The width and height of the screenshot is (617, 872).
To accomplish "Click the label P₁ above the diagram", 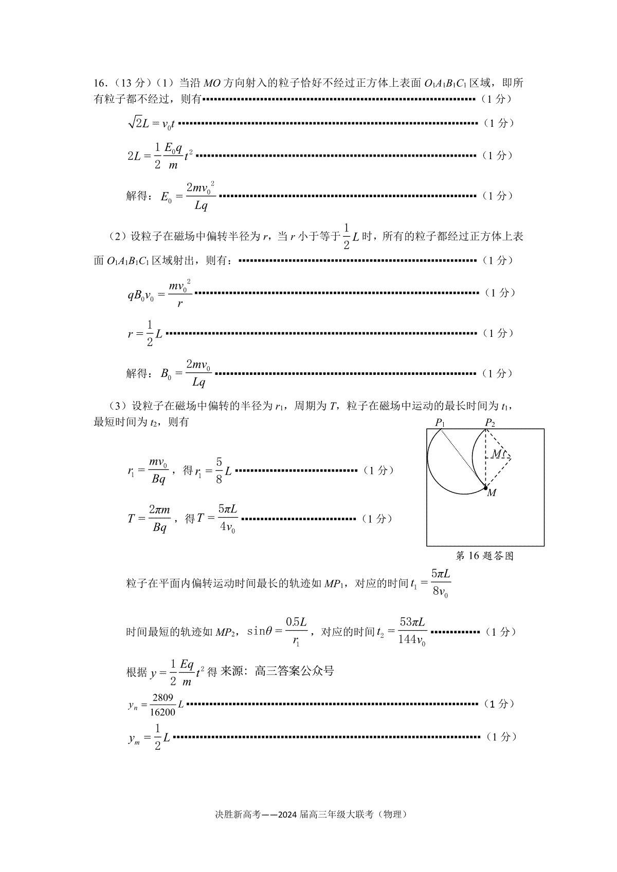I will point(440,423).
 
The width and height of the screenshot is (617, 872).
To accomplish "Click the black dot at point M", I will point(486,487).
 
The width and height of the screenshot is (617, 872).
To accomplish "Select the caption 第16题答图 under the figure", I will point(484,556).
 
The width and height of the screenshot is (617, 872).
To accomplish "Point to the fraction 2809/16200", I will point(162,705).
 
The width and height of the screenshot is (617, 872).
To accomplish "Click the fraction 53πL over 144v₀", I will point(412,631).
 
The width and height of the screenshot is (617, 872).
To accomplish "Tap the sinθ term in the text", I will point(260,631).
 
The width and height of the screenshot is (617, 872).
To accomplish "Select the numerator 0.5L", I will point(296,622).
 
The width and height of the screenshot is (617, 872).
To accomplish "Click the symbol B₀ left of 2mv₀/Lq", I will point(166,374).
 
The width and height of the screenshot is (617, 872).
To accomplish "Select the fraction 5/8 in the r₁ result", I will point(219,470).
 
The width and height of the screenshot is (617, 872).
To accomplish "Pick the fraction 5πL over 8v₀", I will point(440,583).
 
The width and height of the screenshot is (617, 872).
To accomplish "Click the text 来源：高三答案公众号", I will point(277,671).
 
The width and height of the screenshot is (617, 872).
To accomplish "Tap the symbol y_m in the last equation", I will point(134,738).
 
